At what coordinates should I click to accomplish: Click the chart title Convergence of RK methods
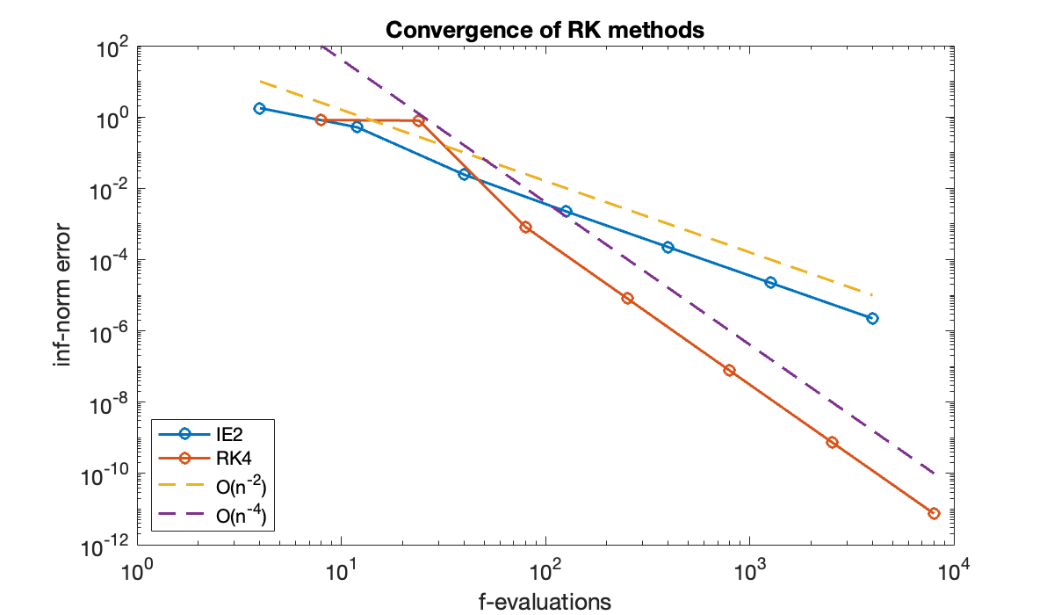pos(545,30)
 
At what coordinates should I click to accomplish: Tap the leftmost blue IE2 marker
pos(259,108)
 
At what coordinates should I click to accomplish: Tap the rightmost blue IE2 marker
pos(872,318)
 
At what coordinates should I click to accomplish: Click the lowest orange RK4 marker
pos(934,513)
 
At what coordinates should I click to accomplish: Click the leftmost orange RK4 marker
pos(321,119)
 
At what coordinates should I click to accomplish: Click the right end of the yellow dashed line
pos(872,295)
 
